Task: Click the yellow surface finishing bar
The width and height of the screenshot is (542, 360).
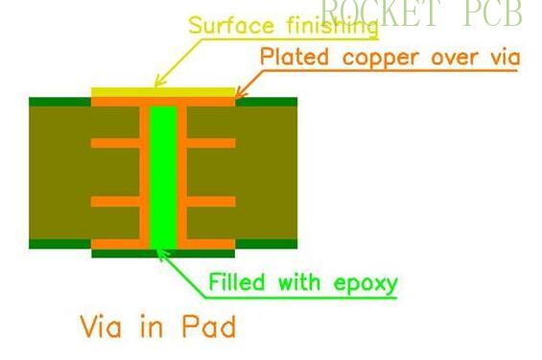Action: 163,91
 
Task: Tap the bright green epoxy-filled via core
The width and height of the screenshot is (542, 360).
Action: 164,173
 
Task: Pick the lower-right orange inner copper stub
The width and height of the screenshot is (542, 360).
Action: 211,202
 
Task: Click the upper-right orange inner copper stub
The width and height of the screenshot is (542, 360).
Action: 211,143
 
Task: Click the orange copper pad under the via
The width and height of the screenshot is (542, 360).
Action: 163,253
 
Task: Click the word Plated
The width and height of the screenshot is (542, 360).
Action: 292,57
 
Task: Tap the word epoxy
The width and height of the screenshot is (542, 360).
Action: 363,284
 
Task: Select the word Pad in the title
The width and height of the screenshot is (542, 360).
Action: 209,326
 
